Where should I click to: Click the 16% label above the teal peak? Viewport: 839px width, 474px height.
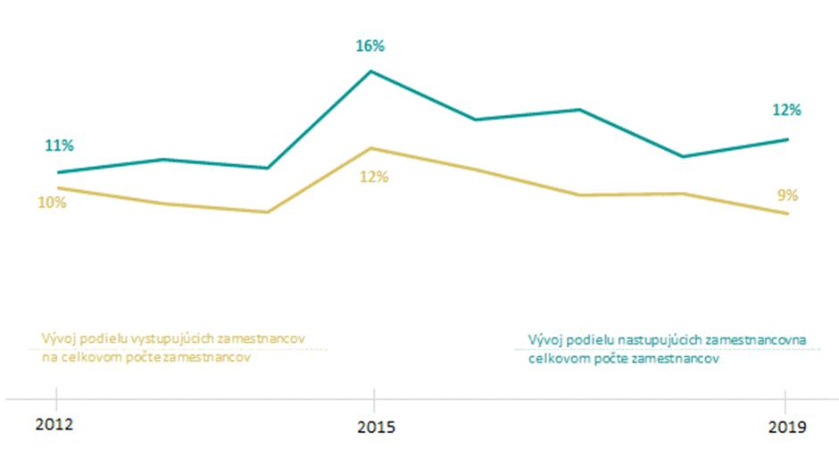coord(373,46)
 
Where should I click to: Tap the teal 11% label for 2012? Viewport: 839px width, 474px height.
coord(60,146)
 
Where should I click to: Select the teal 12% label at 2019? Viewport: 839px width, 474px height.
coord(786,111)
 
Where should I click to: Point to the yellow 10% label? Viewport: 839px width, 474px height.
coord(52,203)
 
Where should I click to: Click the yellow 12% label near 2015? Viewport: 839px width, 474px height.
coord(374,177)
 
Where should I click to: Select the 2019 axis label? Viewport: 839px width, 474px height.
coord(785,427)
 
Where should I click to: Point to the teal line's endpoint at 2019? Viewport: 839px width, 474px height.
coord(787,139)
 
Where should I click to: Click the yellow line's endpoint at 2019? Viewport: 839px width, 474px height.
coord(787,214)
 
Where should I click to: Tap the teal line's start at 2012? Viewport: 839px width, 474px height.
coord(57,172)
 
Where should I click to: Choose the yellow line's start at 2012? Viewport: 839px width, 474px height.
coord(57,188)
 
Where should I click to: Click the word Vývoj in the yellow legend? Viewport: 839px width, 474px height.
coord(58,340)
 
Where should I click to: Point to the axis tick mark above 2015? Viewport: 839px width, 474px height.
coord(373,398)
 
